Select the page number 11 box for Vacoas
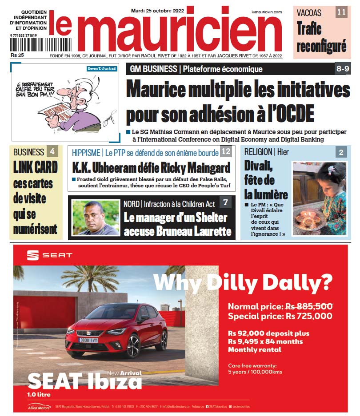341,12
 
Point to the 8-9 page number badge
342,69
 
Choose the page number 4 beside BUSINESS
52,151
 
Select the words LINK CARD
36,167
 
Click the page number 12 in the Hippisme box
226,152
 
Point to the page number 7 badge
225,203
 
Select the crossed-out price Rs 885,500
308,306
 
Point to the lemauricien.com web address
266,12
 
